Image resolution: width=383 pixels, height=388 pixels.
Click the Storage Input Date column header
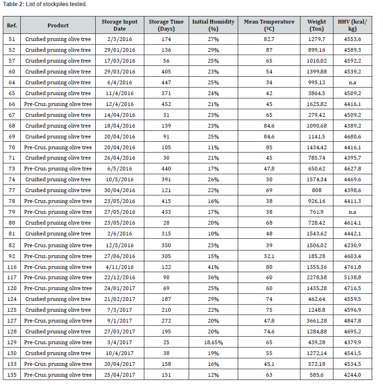pos(119,25)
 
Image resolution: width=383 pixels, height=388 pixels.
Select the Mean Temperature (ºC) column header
pos(269,25)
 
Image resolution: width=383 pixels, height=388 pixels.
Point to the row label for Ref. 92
pos(12,256)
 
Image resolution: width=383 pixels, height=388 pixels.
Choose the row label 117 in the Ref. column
pos(12,277)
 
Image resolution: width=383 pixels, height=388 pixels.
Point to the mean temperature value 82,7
pos(269,39)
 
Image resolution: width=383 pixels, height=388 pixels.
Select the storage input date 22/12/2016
pos(119,277)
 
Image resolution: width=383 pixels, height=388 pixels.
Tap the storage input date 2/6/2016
pos(119,234)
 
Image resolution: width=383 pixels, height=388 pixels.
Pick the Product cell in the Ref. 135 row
pos(58,375)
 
